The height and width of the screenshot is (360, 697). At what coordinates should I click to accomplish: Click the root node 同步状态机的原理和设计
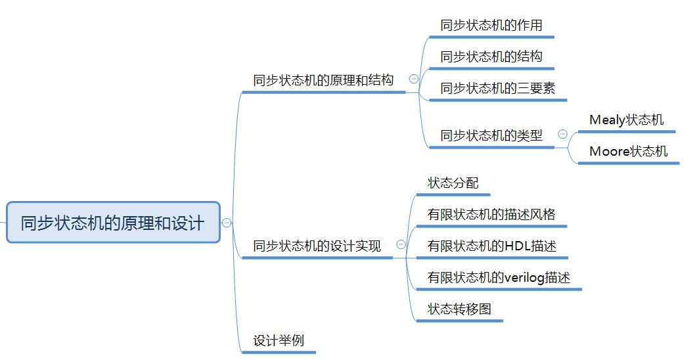(x=113, y=223)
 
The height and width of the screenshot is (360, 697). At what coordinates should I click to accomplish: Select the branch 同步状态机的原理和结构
(x=323, y=80)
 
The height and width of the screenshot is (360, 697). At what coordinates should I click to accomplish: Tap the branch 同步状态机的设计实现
(x=317, y=246)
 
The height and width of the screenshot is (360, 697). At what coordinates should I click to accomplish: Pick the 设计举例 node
(x=279, y=341)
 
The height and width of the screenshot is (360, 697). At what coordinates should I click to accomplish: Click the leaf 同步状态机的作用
(x=491, y=26)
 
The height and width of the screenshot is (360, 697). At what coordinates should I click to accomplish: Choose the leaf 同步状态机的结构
(x=491, y=56)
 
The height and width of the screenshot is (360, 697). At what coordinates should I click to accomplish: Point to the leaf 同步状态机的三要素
(x=497, y=88)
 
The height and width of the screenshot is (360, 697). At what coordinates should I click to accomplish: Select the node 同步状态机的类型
(x=491, y=135)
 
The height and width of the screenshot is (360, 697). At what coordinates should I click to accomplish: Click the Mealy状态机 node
(x=626, y=120)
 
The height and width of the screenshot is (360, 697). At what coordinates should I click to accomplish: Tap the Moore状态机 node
(x=628, y=152)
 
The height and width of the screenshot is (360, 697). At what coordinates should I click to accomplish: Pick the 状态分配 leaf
(x=453, y=183)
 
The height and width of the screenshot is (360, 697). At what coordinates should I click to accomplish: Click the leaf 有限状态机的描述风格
(x=491, y=214)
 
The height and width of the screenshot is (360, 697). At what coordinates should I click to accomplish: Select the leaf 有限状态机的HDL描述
(x=491, y=246)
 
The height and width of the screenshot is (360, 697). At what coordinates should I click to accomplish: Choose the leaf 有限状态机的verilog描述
(x=498, y=277)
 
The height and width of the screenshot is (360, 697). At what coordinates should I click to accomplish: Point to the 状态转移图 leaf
(x=459, y=309)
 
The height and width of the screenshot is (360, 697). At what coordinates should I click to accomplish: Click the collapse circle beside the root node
(x=227, y=223)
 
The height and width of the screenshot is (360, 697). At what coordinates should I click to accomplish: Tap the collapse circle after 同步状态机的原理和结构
(x=414, y=79)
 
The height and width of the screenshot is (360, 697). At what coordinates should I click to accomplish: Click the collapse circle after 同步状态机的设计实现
(x=401, y=245)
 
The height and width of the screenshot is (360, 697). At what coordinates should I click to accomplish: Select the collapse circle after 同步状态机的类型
(x=563, y=134)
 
